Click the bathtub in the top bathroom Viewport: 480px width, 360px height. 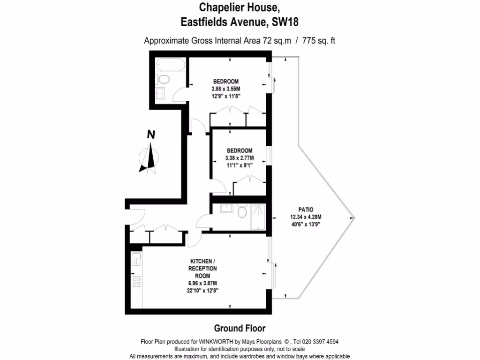point(171,64)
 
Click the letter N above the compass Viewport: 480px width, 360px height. point(151,135)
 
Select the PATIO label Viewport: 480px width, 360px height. point(305,209)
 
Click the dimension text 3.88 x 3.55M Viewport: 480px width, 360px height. point(226,89)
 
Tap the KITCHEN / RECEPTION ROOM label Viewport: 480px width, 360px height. point(202,268)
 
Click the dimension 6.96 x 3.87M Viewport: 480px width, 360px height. point(202,283)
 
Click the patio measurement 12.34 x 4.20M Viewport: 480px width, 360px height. point(305,217)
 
